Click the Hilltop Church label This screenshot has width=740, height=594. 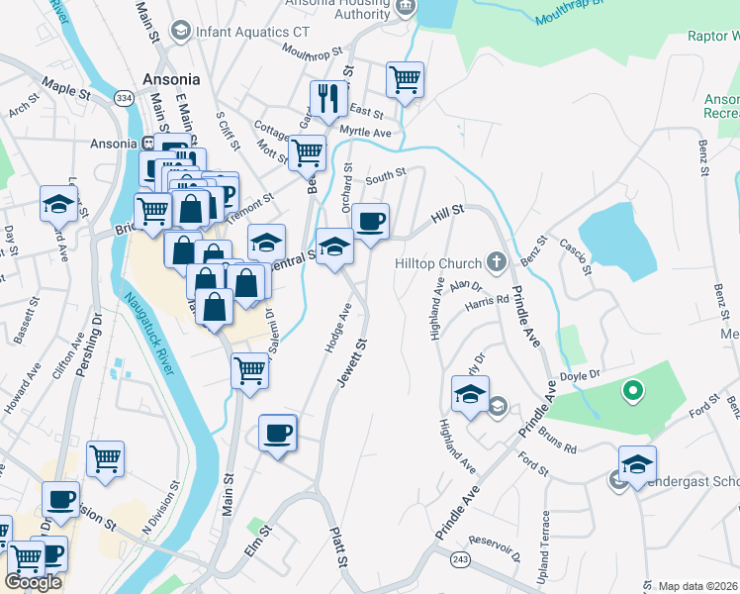coord(438,263)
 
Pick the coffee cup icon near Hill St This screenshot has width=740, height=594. coord(370,221)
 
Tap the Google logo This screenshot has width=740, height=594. coord(33,582)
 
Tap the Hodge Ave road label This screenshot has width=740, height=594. coord(338,327)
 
